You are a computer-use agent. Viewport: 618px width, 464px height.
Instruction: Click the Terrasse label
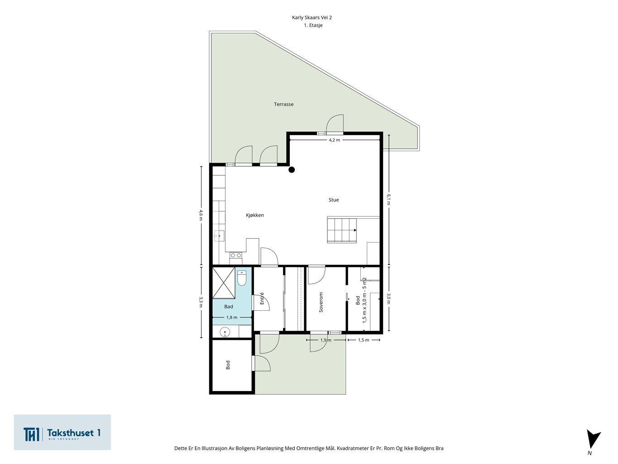click(x=283, y=104)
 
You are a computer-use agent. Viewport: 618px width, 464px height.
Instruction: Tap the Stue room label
click(x=334, y=200)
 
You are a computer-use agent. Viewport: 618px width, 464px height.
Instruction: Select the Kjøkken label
click(x=255, y=215)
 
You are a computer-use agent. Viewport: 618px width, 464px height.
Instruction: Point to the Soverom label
click(x=321, y=302)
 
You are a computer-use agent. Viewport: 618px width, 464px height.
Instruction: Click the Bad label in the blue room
click(x=228, y=306)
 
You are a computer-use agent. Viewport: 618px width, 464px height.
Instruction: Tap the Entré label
click(x=262, y=298)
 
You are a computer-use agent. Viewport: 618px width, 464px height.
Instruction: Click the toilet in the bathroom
click(x=242, y=278)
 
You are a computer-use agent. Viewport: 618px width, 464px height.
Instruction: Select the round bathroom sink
click(x=225, y=332)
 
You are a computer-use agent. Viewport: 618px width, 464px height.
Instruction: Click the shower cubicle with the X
click(x=224, y=283)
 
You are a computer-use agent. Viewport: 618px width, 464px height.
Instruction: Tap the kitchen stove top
click(x=236, y=255)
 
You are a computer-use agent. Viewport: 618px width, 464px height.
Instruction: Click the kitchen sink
click(x=219, y=236)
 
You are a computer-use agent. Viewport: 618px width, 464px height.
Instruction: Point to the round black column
click(x=292, y=169)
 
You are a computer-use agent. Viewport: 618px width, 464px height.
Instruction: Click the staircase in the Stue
click(x=342, y=230)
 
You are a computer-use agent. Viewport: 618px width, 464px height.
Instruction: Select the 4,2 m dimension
click(x=334, y=140)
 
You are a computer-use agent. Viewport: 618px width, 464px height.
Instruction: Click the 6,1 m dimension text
click(x=389, y=199)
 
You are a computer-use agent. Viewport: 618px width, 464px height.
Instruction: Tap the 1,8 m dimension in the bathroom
click(x=232, y=318)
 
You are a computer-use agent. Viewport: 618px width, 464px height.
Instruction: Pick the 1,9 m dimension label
click(x=326, y=340)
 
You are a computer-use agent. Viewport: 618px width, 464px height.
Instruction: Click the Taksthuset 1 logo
click(x=62, y=432)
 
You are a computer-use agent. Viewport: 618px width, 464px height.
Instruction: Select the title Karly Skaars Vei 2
click(x=311, y=18)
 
